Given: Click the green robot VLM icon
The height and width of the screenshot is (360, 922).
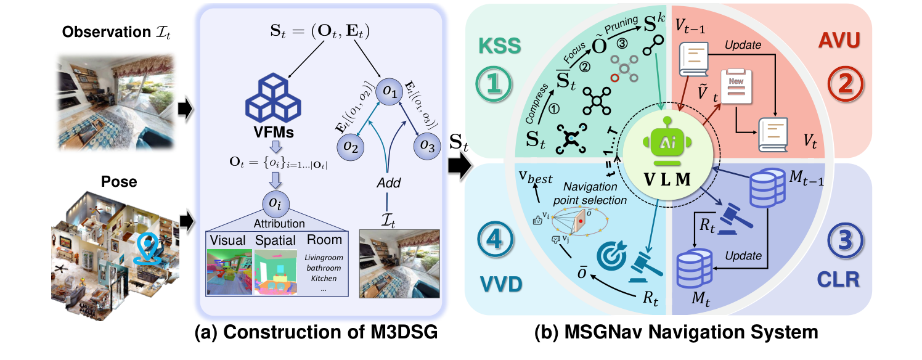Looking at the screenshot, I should pos(668,143).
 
